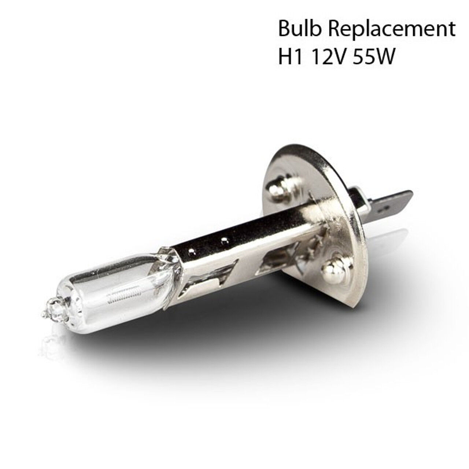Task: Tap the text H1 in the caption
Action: (293, 56)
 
